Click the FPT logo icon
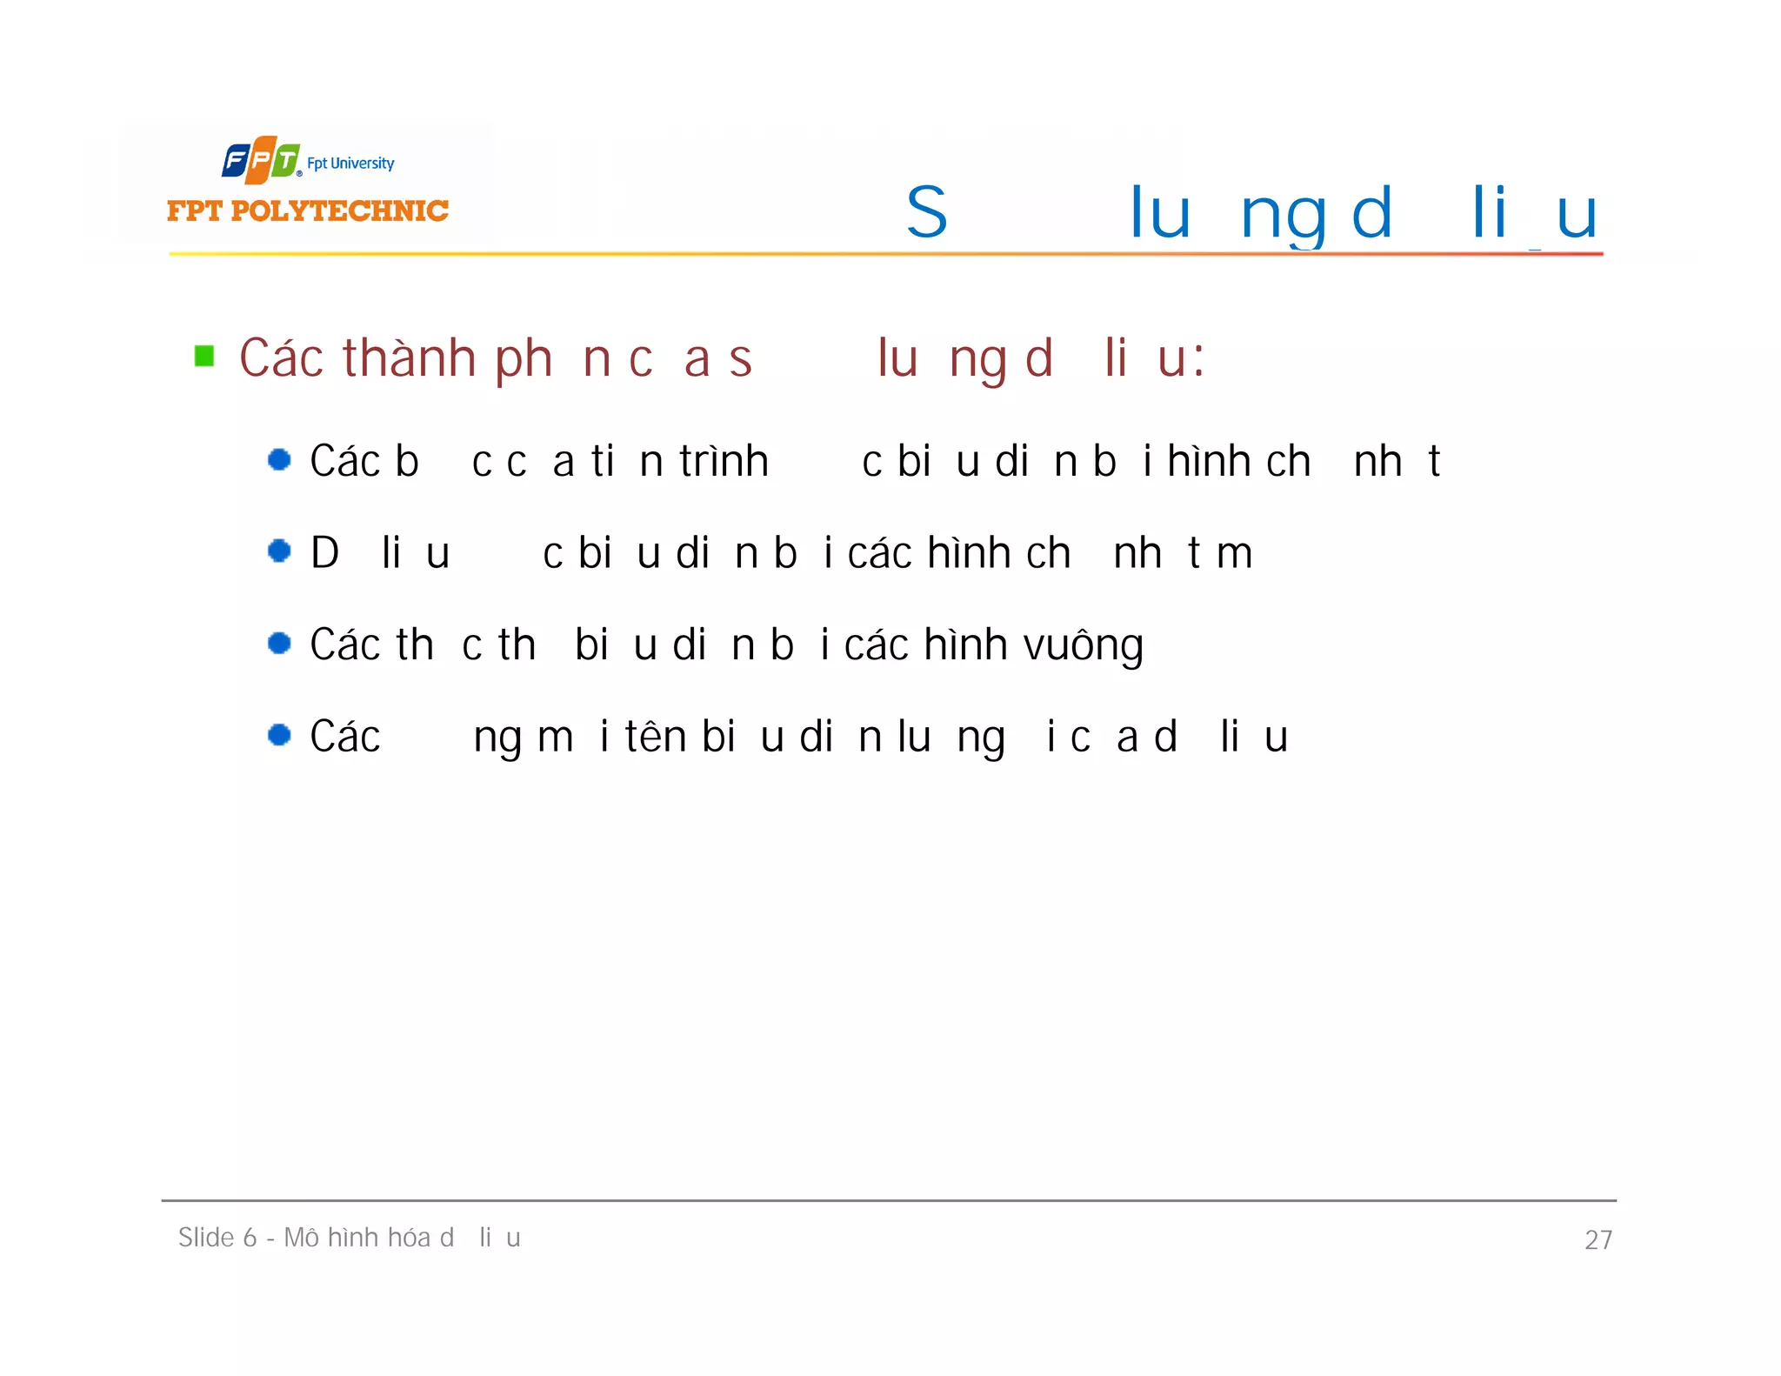[x=261, y=160]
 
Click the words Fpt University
[x=350, y=164]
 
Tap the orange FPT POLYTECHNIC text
[x=307, y=210]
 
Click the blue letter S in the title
[x=926, y=212]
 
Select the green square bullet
[x=204, y=357]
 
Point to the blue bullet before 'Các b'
[x=279, y=459]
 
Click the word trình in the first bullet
[x=724, y=461]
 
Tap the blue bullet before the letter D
[x=279, y=551]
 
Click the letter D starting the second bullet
[x=325, y=553]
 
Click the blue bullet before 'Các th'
[x=279, y=643]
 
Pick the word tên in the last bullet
[x=656, y=737]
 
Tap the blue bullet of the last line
[x=279, y=735]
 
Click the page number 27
[x=1598, y=1239]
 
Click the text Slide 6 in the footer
[x=217, y=1238]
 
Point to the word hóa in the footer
[x=406, y=1238]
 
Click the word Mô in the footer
[x=302, y=1238]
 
